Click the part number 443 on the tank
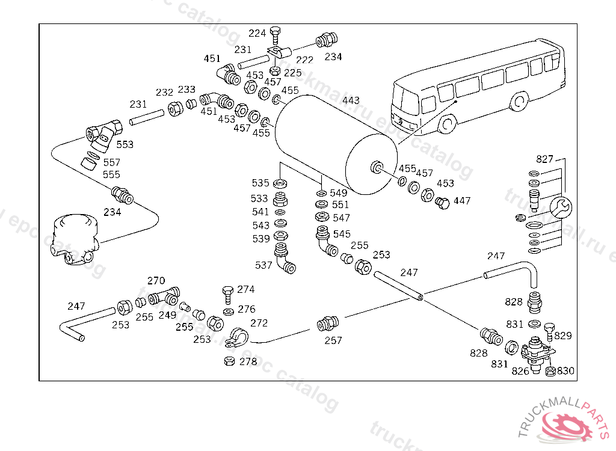351,100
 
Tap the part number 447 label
462,201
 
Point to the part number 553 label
125,145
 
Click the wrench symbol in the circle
561,207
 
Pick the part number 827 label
544,159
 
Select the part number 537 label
263,265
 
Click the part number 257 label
333,340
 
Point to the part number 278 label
248,362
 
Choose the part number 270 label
156,281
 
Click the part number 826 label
520,371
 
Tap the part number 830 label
565,371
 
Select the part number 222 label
305,60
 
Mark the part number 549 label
339,193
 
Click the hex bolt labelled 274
227,293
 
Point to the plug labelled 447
442,203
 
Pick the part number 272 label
259,324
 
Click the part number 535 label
260,183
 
